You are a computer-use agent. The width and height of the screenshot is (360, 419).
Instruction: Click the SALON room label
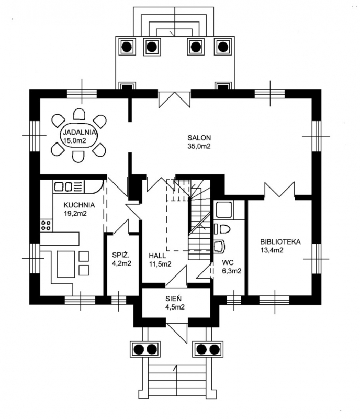click(199, 138)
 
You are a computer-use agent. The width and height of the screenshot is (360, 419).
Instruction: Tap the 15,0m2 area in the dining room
click(75, 140)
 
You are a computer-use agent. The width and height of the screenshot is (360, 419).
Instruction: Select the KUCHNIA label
click(79, 205)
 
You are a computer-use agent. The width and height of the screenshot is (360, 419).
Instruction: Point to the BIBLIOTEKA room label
click(280, 242)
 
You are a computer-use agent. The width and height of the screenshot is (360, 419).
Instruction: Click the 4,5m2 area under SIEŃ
click(175, 307)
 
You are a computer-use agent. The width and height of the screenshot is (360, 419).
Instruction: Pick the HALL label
click(157, 256)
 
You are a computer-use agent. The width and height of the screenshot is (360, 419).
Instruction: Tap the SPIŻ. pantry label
click(121, 255)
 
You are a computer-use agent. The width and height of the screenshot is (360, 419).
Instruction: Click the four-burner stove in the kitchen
click(46, 225)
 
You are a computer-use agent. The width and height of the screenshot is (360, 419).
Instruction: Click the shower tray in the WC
click(224, 210)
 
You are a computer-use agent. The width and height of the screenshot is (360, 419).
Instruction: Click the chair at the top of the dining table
click(80, 114)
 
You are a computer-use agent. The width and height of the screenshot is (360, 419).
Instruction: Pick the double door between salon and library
click(279, 190)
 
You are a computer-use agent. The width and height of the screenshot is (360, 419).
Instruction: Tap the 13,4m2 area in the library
click(272, 250)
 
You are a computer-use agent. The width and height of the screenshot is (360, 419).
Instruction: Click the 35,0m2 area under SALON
click(199, 146)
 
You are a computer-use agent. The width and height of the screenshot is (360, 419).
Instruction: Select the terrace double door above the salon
click(174, 100)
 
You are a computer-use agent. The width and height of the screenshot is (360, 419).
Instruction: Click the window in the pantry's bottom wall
click(119, 300)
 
